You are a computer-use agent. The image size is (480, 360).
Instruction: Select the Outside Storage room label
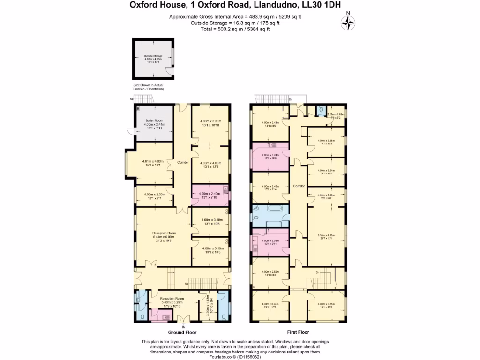click(153, 59)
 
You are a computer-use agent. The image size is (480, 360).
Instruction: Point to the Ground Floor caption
click(182, 332)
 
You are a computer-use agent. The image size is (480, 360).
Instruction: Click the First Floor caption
click(298, 332)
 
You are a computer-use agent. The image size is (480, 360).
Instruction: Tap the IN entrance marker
click(184, 326)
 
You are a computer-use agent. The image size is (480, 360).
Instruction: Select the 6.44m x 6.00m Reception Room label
click(164, 236)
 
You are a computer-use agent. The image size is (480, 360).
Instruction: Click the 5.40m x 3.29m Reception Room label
click(172, 301)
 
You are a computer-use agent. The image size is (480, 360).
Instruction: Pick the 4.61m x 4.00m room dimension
click(154, 163)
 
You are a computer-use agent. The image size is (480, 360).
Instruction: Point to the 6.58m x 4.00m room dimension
click(326, 236)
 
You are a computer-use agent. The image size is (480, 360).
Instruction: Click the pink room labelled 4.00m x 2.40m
click(210, 195)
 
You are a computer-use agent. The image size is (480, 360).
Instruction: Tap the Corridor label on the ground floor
click(183, 162)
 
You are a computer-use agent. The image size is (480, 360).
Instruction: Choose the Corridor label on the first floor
click(299, 186)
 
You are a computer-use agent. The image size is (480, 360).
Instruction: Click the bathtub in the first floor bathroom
click(272, 210)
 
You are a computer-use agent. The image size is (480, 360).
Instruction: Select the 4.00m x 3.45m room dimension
click(270, 187)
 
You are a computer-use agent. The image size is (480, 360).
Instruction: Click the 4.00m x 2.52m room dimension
click(270, 273)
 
